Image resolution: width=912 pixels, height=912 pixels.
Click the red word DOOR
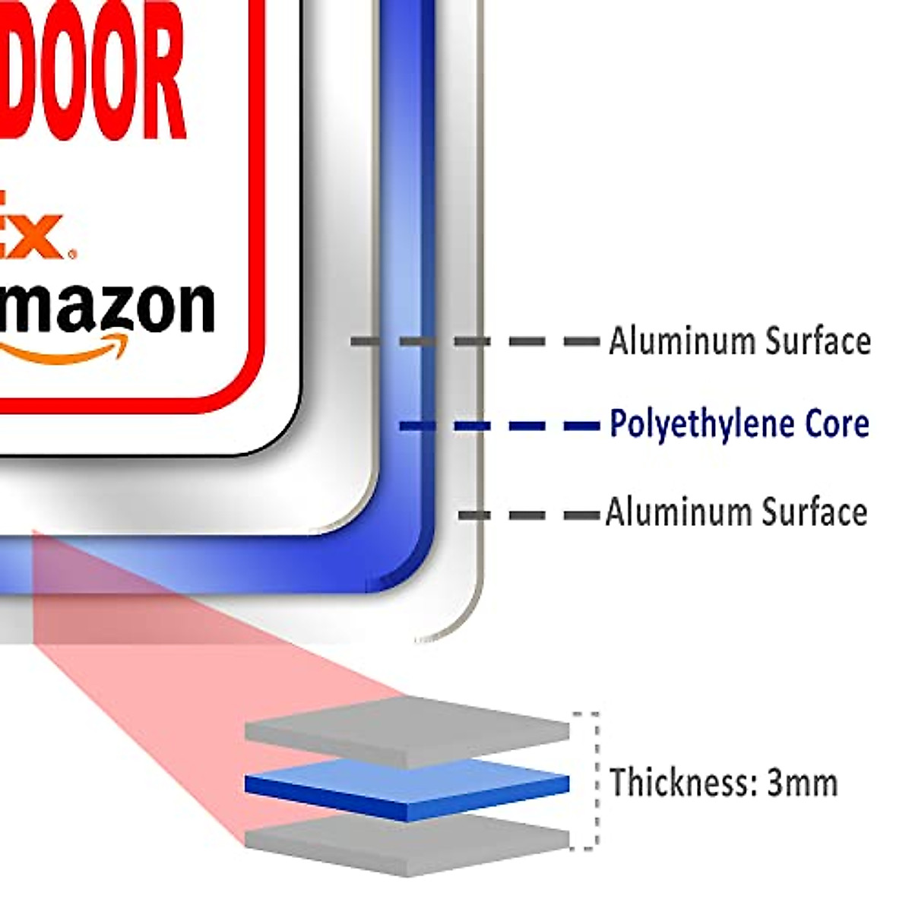pos(91,72)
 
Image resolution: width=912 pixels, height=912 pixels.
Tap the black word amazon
pos(106,308)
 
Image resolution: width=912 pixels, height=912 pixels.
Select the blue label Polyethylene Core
pos(739,424)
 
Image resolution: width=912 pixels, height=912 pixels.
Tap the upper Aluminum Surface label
pos(739,341)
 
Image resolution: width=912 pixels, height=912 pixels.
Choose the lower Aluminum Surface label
pos(736,512)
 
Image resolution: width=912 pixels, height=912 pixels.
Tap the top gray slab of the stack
pos(407,730)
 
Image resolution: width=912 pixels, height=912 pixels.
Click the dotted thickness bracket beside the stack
pos(595,779)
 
